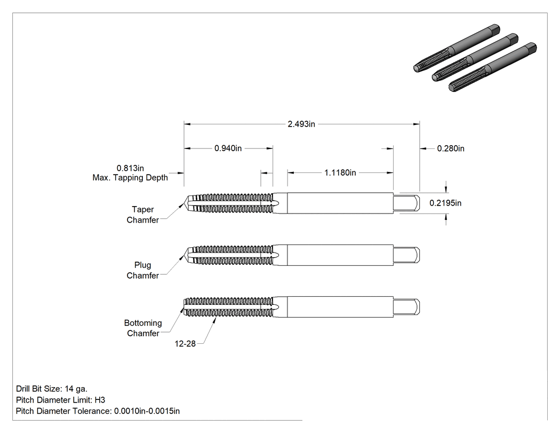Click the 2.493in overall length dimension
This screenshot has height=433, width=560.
coord(301,124)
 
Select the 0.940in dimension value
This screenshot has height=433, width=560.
coord(228,148)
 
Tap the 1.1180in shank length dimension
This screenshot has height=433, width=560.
coord(340,172)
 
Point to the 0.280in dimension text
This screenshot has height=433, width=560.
coord(451,148)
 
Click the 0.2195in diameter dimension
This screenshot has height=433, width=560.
coord(445,203)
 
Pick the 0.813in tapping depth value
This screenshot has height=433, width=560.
coord(130,168)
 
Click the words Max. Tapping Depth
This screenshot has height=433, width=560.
coord(130,178)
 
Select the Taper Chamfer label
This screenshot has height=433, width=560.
coord(142,215)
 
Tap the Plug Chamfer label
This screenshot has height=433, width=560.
coord(142,270)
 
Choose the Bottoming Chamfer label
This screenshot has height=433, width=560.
coord(143,328)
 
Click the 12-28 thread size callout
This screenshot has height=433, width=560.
coord(185,344)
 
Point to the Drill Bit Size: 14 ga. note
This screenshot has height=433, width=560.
coord(52,389)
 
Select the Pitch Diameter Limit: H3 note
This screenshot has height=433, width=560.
coord(61,400)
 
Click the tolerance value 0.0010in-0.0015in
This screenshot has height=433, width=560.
coord(147,411)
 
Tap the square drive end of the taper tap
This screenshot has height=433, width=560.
coord(406,203)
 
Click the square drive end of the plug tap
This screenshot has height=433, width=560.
coord(406,255)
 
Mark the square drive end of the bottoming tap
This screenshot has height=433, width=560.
coord(406,307)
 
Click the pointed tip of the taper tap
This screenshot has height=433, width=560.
coord(185,203)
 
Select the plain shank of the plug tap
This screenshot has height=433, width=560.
coord(340,255)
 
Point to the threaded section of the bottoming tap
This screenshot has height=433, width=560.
coord(229,307)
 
